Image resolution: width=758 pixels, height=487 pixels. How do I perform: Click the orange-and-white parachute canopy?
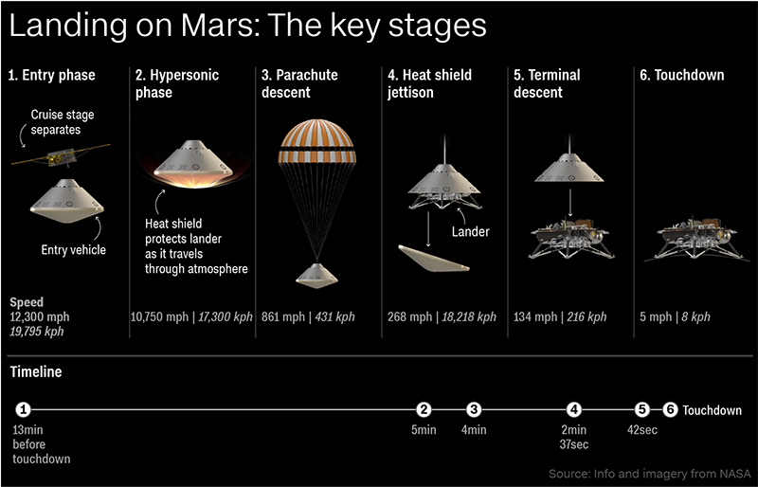click(316, 141)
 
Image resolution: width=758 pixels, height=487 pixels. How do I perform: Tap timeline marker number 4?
click(573, 410)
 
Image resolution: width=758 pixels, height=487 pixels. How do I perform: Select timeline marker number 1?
click(23, 410)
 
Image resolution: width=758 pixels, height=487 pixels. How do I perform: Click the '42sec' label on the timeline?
click(642, 430)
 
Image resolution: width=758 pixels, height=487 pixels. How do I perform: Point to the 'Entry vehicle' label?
click(74, 249)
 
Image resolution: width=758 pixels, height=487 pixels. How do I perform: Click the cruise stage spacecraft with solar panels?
click(61, 155)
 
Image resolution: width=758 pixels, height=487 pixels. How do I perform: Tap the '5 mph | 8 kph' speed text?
click(675, 317)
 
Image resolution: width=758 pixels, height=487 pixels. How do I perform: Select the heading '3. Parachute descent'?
click(299, 83)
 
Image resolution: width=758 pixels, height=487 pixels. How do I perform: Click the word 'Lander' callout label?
click(470, 231)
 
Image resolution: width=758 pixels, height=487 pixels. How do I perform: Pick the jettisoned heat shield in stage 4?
click(433, 259)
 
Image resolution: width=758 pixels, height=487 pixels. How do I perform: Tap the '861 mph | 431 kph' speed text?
click(308, 317)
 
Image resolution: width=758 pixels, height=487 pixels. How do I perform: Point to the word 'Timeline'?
click(36, 372)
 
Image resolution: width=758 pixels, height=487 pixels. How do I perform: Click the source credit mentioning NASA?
click(650, 473)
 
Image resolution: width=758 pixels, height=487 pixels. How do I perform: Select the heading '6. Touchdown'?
click(682, 76)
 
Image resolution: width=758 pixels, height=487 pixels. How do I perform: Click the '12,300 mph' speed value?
click(40, 317)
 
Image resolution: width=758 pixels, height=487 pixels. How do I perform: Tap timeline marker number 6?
click(670, 410)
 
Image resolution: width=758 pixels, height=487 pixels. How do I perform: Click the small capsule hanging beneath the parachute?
click(316, 276)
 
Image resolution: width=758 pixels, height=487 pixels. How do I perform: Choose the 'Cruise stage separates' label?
click(63, 122)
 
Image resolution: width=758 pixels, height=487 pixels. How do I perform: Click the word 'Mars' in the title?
click(210, 26)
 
